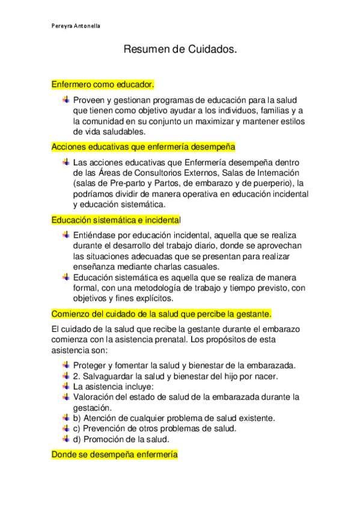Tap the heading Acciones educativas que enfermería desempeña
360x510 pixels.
(x=143, y=147)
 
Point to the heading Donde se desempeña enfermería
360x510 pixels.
(x=114, y=455)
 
